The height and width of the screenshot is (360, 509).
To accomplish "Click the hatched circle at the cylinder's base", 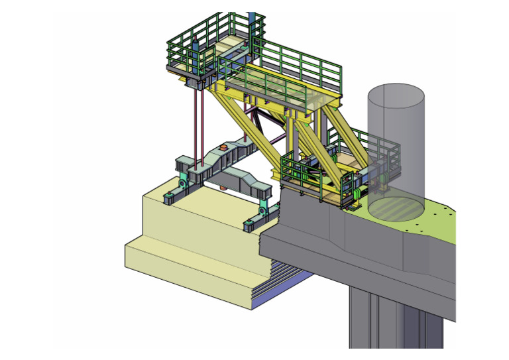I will pos(395,211).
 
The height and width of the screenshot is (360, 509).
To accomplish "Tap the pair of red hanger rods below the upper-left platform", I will pos(198,126).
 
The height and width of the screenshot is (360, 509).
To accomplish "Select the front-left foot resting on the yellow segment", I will pos(170,198).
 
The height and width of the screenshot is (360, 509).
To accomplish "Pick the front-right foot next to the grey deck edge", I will pos(253,225).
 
